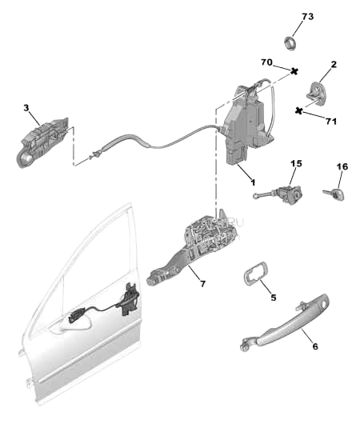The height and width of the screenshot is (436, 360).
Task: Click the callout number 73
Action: coord(308,17)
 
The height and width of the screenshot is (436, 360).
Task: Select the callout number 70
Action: coord(267,62)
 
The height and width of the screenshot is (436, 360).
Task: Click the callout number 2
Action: coord(333,64)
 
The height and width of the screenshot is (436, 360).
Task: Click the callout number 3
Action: coord(26,107)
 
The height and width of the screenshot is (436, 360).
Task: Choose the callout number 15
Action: coord(296,164)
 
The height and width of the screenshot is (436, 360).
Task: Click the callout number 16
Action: coord(342,167)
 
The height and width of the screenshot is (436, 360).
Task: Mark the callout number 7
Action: coord(202,283)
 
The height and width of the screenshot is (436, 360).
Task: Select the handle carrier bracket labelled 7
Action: coord(200,244)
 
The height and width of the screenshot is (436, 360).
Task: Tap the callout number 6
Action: coord(314,346)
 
